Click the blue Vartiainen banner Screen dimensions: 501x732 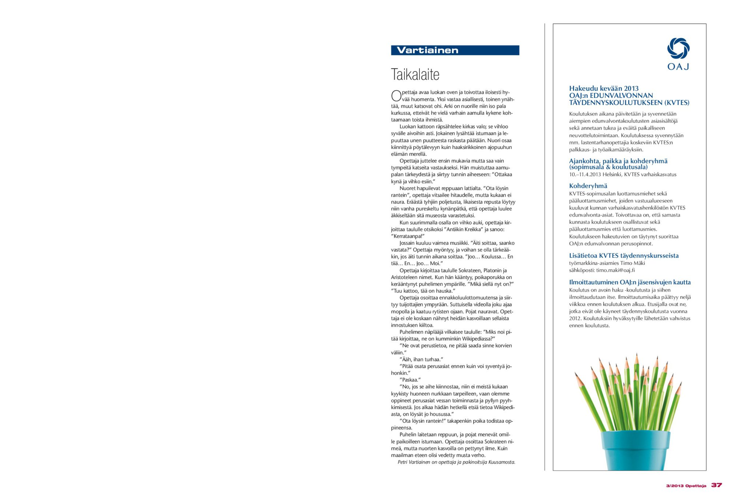[x=455, y=50]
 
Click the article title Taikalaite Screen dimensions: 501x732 [x=415, y=74]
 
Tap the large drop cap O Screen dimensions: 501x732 [x=396, y=96]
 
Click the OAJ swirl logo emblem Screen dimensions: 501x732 [x=678, y=48]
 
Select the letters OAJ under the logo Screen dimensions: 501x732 [x=678, y=67]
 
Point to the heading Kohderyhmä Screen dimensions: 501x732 [x=588, y=186]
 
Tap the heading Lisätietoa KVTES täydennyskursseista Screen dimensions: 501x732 [x=624, y=256]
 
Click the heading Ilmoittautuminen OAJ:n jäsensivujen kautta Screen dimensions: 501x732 [x=630, y=282]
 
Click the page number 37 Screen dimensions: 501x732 [x=716, y=485]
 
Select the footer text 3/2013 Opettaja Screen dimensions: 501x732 [x=686, y=486]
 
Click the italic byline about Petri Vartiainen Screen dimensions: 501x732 [x=456, y=462]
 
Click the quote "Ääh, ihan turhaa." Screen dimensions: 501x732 [x=421, y=359]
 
